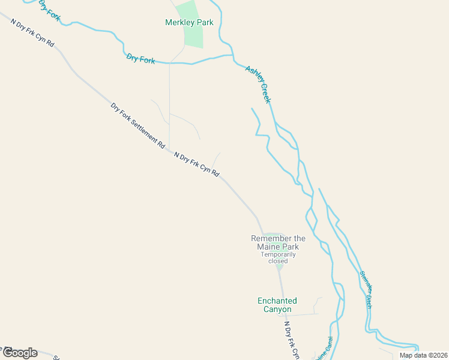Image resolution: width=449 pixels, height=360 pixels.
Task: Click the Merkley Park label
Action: click(x=189, y=23)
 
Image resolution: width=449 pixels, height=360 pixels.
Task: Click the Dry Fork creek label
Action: click(x=140, y=59)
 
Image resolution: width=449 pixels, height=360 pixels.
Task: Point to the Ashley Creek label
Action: click(x=259, y=84)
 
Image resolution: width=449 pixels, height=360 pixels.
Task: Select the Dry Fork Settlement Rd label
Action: click(x=137, y=125)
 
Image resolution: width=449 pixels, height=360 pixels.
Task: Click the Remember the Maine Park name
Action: click(x=278, y=242)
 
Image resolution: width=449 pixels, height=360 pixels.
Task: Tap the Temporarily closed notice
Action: click(x=278, y=257)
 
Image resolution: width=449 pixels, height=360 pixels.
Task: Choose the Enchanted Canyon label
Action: click(x=277, y=305)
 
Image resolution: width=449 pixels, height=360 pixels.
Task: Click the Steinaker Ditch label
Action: click(x=366, y=290)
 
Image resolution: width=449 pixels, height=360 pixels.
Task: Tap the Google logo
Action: click(x=19, y=353)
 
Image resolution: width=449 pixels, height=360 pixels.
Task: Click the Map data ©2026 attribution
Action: click(x=423, y=355)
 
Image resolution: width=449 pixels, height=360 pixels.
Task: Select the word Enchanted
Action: click(x=277, y=301)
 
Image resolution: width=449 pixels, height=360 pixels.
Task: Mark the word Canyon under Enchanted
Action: click(x=277, y=310)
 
